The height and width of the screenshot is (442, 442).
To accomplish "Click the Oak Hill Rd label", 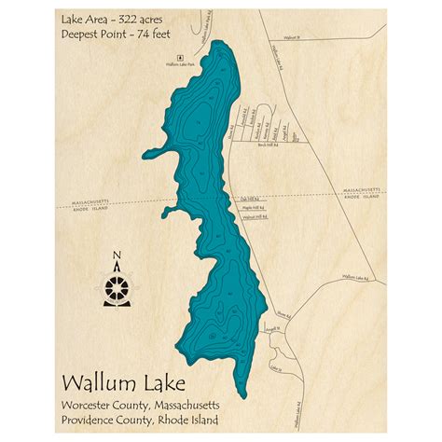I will click(x=249, y=199).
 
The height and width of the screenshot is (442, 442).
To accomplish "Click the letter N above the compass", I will click(x=116, y=254).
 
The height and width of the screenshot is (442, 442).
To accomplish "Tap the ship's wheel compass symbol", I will click(x=116, y=281).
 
